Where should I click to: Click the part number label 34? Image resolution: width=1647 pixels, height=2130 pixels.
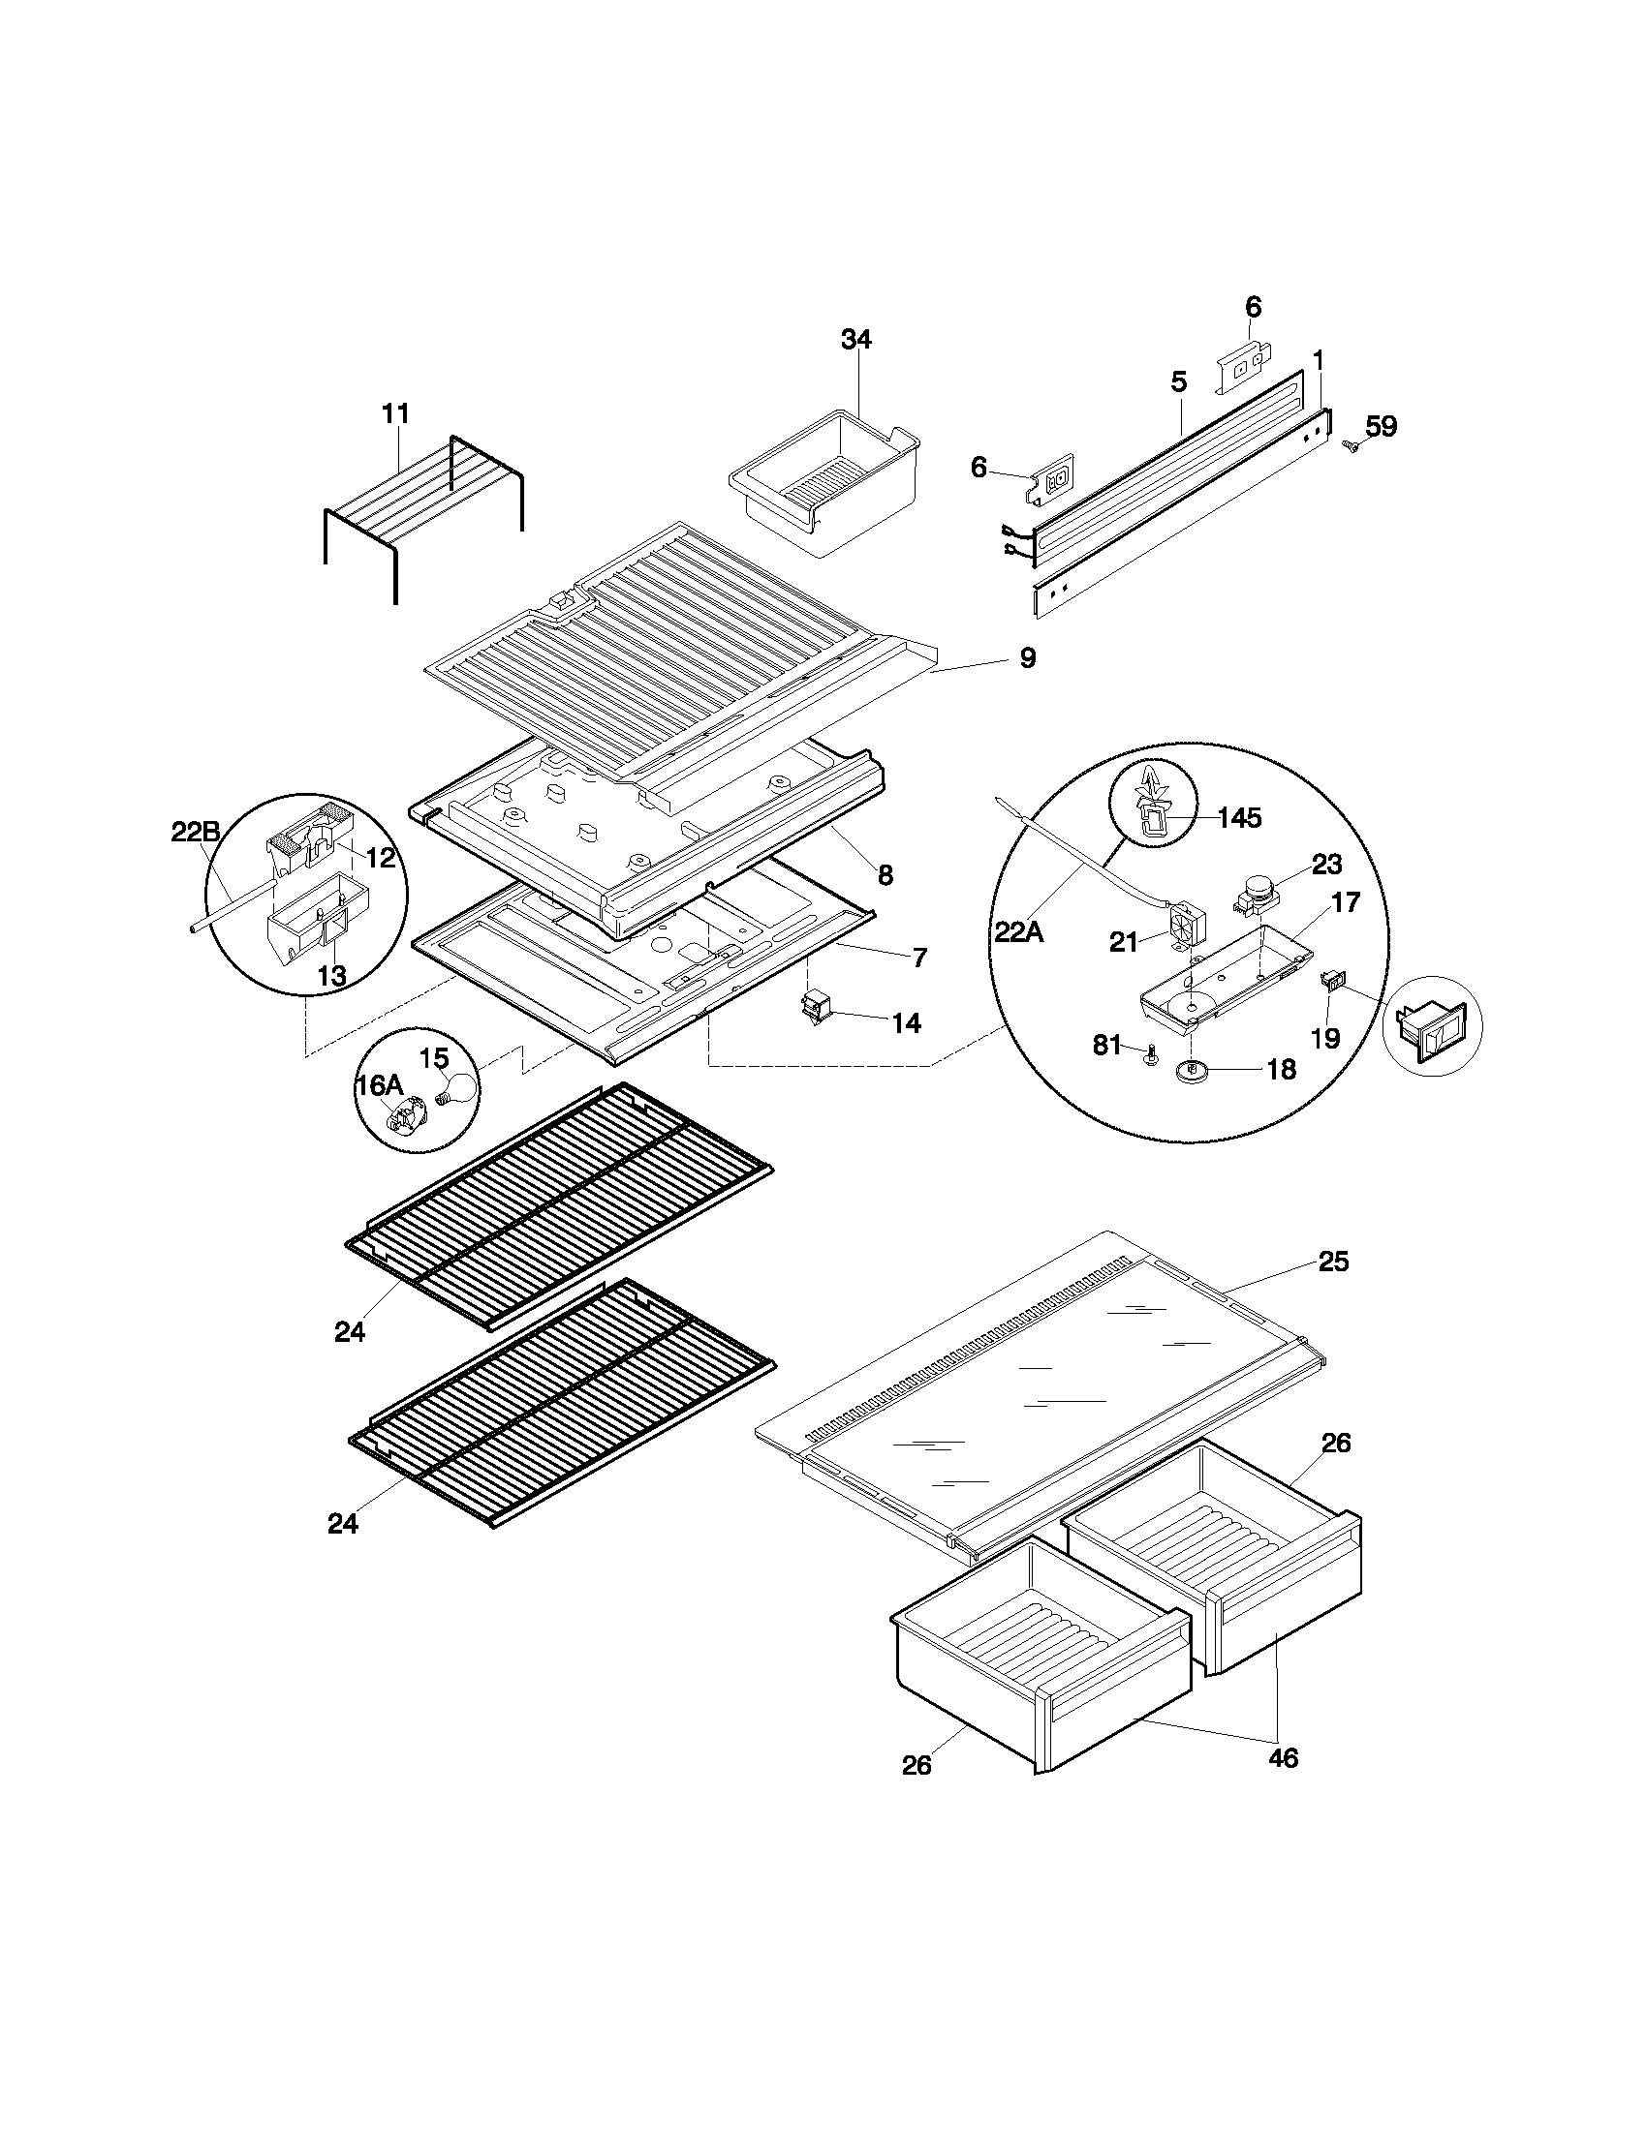tap(855, 340)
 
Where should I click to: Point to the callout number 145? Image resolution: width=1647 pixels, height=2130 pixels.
tap(1239, 817)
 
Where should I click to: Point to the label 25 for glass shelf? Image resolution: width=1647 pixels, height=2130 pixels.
tap(1333, 1262)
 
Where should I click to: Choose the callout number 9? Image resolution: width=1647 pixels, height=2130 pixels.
tap(1027, 658)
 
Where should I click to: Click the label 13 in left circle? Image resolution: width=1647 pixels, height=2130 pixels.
tap(332, 976)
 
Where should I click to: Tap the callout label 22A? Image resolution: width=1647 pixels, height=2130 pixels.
tap(1018, 932)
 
